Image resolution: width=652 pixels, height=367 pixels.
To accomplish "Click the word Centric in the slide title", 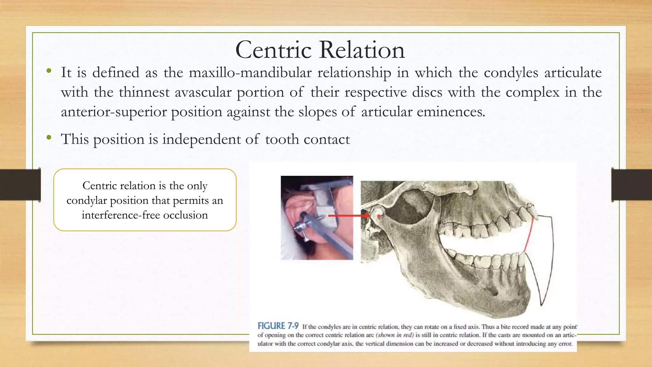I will (x=273, y=50).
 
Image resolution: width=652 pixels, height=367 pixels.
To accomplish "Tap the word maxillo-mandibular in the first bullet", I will (x=250, y=73).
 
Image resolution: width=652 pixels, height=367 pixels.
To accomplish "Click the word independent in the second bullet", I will (x=201, y=139).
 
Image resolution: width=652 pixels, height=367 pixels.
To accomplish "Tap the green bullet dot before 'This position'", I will (x=49, y=137).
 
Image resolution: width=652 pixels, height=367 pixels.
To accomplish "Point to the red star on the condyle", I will (x=379, y=217).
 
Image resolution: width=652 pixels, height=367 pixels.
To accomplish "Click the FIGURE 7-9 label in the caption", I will (x=278, y=326).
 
